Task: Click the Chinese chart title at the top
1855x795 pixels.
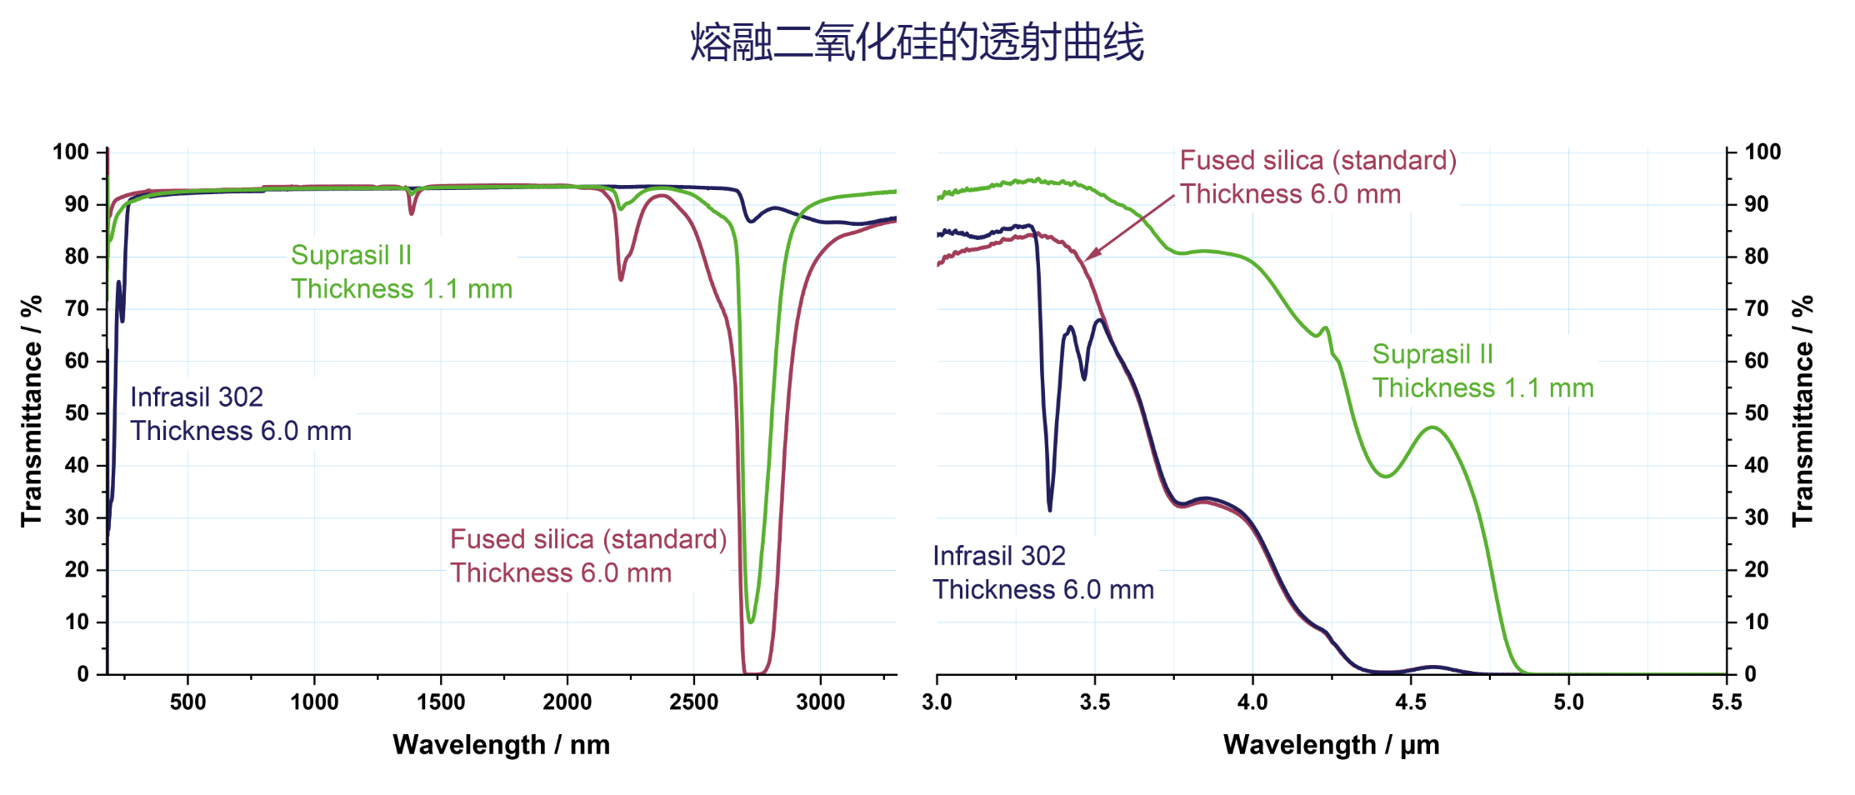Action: coord(917,42)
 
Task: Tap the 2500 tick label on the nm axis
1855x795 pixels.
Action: coord(693,702)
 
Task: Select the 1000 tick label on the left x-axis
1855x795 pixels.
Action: coord(314,702)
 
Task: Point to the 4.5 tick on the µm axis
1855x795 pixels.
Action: coord(1410,702)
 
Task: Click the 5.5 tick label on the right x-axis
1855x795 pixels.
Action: coord(1726,702)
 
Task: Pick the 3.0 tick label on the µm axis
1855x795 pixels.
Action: coord(937,702)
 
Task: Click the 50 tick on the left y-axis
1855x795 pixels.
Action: coord(77,413)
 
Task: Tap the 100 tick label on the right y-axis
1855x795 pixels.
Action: coord(1762,152)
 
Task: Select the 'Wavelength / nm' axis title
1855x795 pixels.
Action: coord(501,744)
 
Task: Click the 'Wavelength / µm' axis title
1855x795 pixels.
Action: coord(1331,744)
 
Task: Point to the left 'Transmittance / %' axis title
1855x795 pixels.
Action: coord(32,411)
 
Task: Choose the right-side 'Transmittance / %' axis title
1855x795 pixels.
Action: coord(1802,411)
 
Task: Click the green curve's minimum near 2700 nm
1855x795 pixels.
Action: coord(751,621)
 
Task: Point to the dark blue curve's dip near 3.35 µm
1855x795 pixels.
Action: coord(1049,508)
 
